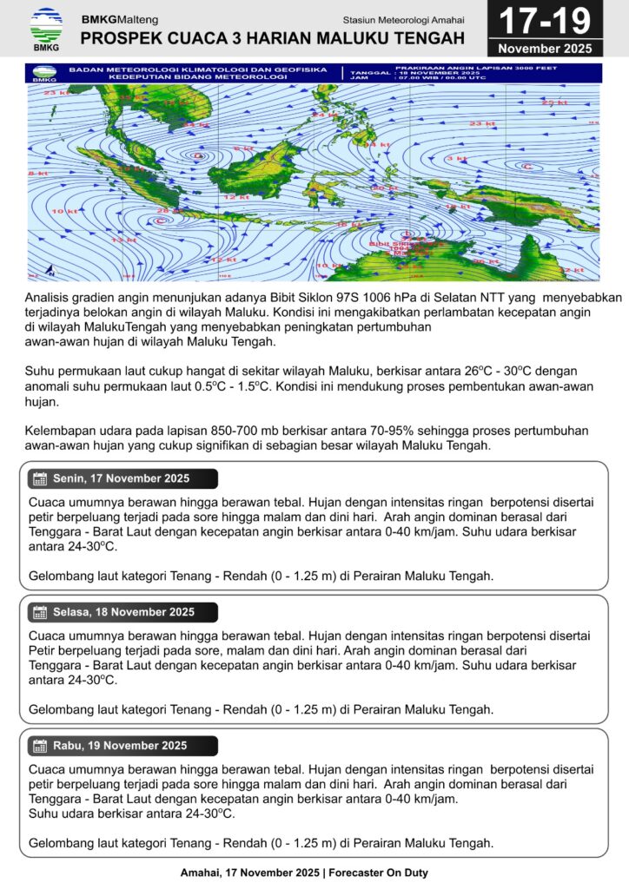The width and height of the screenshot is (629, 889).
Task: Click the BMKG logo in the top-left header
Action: click(x=45, y=29)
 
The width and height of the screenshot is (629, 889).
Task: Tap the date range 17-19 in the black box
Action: click(x=545, y=21)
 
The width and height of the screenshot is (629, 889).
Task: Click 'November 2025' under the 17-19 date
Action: click(x=545, y=48)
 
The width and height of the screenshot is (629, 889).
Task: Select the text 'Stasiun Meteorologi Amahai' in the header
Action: click(x=403, y=19)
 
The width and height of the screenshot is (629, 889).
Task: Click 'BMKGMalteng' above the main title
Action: click(x=116, y=19)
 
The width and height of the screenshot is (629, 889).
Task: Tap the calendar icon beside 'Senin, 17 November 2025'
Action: click(x=39, y=479)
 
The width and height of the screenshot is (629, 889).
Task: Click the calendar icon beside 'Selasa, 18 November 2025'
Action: click(x=39, y=612)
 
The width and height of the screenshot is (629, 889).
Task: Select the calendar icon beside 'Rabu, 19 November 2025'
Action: click(x=39, y=746)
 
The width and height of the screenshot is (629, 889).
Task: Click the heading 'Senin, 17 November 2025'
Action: click(x=121, y=479)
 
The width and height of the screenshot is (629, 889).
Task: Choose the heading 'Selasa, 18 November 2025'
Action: click(x=124, y=612)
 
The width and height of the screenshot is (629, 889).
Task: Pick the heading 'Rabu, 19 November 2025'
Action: click(x=120, y=746)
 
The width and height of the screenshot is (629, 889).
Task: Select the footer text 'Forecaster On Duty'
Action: click(x=378, y=873)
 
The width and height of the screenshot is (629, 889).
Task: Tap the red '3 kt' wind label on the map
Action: click(x=457, y=159)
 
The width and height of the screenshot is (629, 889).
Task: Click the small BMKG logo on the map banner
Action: click(x=43, y=75)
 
